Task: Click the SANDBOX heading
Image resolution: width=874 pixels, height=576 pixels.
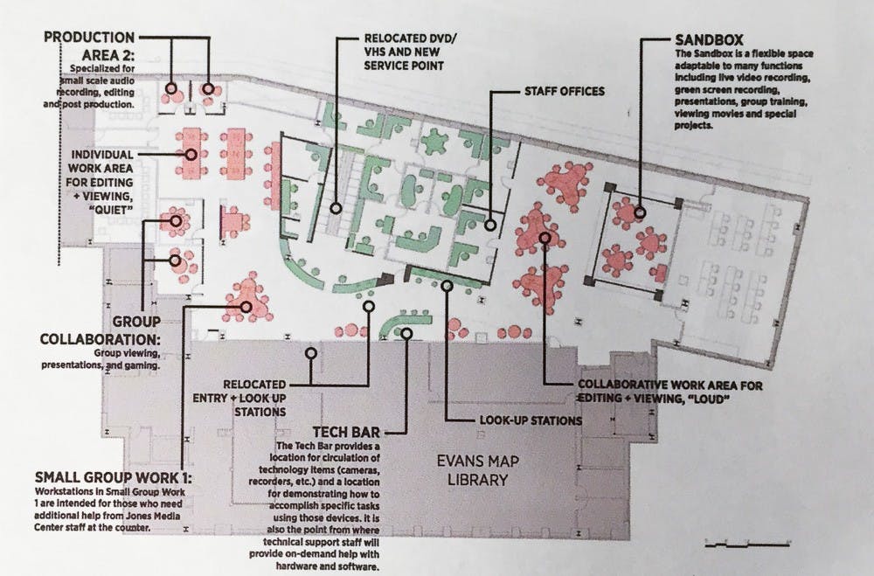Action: [x=709, y=39]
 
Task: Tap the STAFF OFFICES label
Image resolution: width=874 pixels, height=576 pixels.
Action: [x=564, y=92]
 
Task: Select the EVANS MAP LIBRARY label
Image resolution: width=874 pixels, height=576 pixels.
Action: [x=478, y=470]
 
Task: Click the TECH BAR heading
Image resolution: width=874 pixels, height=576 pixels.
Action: [x=346, y=432]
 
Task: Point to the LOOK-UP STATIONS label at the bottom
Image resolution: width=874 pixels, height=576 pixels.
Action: [x=531, y=420]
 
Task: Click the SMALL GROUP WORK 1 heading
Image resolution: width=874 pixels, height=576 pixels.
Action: [x=113, y=478]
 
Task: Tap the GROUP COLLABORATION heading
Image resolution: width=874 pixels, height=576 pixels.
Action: [x=101, y=330]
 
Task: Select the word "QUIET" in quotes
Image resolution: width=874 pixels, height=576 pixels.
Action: [x=111, y=210]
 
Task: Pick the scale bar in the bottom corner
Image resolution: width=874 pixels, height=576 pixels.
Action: [x=747, y=543]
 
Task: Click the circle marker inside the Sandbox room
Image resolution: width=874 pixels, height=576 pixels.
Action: [x=640, y=212]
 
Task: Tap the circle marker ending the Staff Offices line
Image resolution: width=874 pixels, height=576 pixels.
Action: [x=490, y=226]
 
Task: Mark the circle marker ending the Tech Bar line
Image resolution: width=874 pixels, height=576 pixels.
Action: [x=407, y=333]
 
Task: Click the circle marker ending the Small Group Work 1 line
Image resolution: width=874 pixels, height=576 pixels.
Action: [x=246, y=307]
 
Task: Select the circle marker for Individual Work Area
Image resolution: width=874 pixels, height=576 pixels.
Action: [x=191, y=155]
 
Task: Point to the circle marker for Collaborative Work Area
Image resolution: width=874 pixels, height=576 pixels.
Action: [x=545, y=238]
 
